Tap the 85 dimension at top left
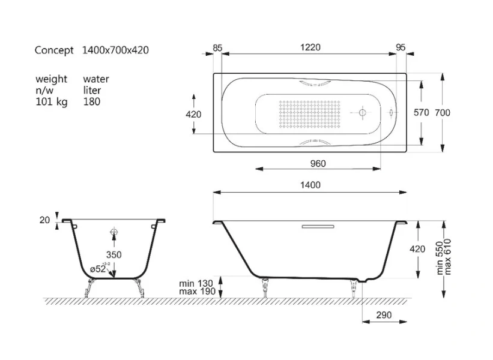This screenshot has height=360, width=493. tap(217, 47)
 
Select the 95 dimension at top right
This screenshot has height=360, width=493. tap(401, 47)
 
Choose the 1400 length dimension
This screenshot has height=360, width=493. tap(310, 185)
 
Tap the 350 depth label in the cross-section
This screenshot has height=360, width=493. tap(114, 254)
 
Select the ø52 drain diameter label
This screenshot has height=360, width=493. tap(98, 270)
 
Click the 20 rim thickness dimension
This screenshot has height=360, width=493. tap(44, 220)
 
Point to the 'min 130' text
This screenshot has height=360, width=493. tap(196, 283)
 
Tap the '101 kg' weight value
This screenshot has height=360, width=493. tap(50, 101)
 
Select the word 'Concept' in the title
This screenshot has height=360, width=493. tap(54, 50)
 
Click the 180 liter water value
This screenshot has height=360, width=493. tap(92, 101)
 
